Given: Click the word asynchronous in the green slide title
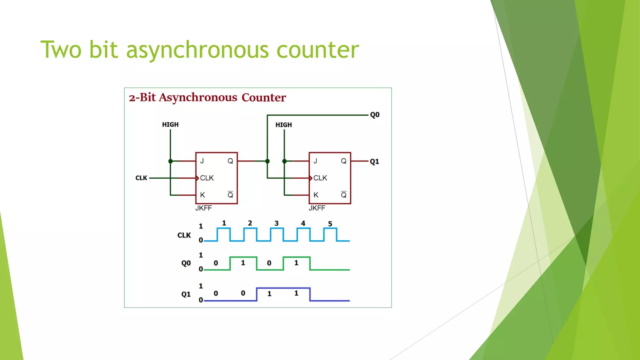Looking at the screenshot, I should (197, 50).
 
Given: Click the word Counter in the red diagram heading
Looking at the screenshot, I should (263, 97).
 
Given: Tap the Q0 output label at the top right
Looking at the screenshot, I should (375, 115).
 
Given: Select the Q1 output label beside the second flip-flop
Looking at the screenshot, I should (374, 162).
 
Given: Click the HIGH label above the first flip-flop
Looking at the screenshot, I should (170, 125).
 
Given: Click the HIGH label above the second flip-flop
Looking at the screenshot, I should (283, 125).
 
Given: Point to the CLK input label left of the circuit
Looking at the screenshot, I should (141, 178).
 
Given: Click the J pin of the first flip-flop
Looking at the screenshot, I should (202, 161).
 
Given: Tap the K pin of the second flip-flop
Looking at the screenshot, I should (316, 195).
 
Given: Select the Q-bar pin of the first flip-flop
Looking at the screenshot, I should (230, 195).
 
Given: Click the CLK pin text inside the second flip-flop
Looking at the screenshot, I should (320, 178).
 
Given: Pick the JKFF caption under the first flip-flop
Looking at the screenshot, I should (203, 208).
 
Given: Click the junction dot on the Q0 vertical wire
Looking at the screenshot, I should (267, 161).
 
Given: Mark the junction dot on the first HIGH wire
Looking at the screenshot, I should (170, 161).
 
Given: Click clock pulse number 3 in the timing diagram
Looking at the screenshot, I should (277, 223).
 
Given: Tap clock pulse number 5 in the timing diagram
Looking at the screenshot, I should (330, 224).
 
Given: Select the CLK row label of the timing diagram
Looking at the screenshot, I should (184, 235).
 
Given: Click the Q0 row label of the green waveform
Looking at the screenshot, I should (186, 263).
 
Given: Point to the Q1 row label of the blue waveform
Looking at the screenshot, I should (186, 294).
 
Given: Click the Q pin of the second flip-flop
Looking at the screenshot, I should (344, 161).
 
